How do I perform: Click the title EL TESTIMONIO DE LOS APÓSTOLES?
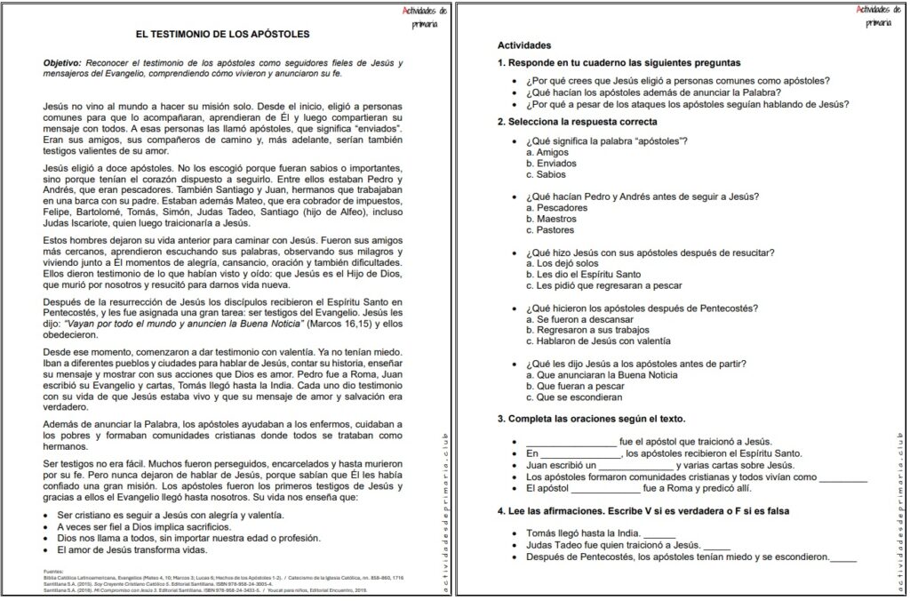point(222,35)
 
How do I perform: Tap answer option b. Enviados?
point(549,164)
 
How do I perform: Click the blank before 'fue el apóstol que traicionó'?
point(571,442)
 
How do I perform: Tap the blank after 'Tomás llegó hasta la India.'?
point(659,533)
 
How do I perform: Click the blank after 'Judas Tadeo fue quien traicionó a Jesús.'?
point(715,545)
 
